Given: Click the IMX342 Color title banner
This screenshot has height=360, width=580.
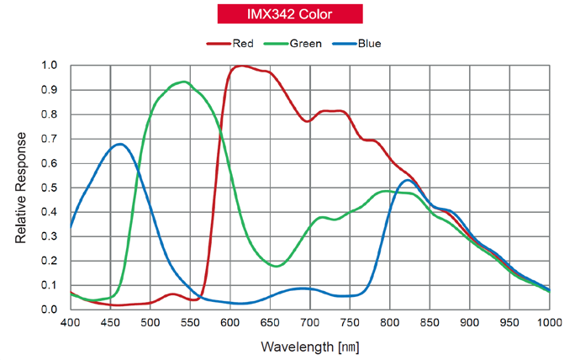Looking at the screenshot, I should click(289, 13).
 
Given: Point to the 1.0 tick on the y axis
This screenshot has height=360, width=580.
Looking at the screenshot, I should click(50, 66).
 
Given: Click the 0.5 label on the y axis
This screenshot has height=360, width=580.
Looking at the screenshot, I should click(50, 188).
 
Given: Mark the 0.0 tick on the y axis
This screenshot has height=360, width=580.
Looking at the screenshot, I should click(50, 310).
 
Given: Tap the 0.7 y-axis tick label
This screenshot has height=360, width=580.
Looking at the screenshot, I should click(50, 139).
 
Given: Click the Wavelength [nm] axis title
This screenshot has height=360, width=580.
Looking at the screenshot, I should click(310, 346).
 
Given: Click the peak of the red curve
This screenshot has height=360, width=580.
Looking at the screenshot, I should click(243, 66).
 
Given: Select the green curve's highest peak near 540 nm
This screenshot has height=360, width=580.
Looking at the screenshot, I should click(183, 82).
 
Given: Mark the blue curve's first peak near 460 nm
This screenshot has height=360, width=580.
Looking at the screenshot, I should click(120, 144).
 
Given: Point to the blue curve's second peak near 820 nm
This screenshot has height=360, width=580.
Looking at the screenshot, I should click(408, 180).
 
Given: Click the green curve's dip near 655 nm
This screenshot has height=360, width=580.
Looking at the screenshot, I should click(277, 266).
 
